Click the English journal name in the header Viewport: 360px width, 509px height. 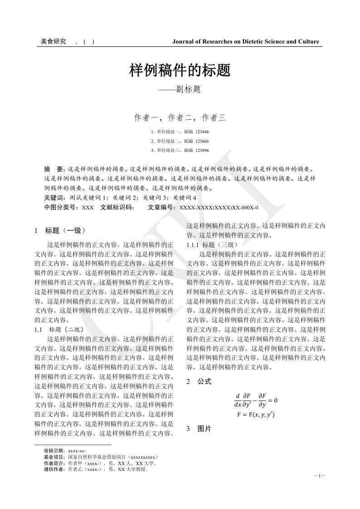point(246,42)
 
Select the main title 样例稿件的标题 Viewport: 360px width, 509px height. point(180,71)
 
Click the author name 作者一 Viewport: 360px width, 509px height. point(146,118)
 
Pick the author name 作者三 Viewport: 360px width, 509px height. point(214,118)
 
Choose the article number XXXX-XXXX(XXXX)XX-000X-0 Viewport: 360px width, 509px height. point(219,208)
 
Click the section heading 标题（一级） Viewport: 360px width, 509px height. point(65,230)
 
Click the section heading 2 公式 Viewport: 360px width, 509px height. point(199,382)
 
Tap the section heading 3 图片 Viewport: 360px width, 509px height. point(199,429)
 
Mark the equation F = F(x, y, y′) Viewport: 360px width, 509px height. point(256,415)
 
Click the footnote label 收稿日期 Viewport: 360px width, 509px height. point(55,451)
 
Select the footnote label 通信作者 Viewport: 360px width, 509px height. point(55,469)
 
